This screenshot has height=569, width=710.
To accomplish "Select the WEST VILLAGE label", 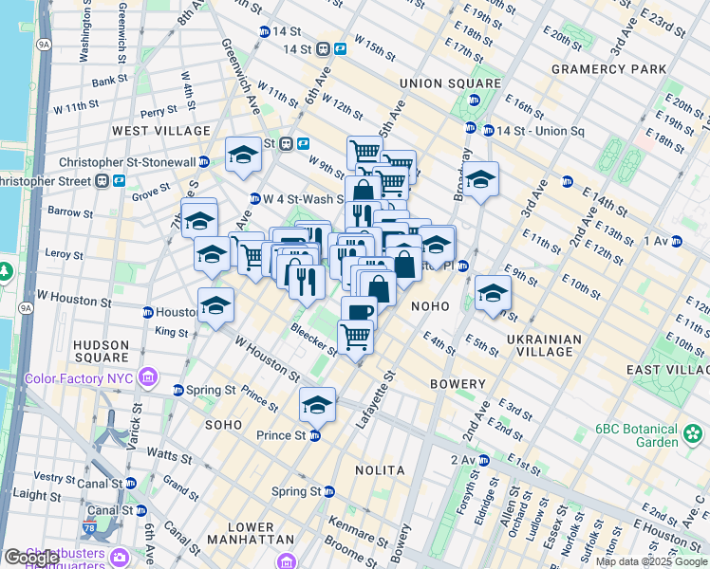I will pos(161,130).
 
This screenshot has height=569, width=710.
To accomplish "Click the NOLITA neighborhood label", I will pos(380,470).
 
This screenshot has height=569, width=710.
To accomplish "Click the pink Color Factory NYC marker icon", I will pos(146,379).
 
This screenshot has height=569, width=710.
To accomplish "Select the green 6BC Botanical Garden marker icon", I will pos(694,435).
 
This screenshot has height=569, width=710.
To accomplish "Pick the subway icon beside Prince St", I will pos(315,435).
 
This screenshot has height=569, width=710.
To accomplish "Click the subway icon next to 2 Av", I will pos(483,460).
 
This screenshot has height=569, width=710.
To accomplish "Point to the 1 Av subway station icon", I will pos(677,242).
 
